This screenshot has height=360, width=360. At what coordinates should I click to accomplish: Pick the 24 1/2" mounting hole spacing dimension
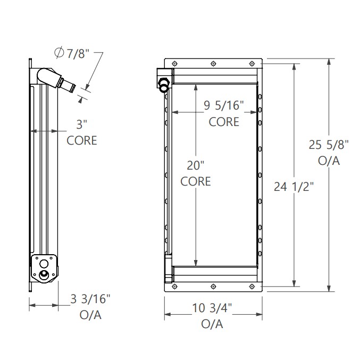tap(294, 187)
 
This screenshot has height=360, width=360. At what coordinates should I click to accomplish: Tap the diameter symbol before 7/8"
tap(59, 53)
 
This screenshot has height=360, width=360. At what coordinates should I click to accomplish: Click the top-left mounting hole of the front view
tap(175, 63)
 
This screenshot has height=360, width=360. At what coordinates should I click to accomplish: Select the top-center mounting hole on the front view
tap(213, 63)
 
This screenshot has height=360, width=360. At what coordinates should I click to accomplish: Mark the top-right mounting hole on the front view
tap(252, 63)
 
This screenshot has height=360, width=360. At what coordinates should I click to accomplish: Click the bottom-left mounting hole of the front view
tap(175, 286)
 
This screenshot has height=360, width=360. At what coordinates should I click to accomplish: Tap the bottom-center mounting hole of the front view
tap(213, 286)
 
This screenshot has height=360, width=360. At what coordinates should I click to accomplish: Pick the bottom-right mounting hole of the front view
tap(252, 286)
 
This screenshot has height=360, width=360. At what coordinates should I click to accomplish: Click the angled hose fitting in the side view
tap(56, 79)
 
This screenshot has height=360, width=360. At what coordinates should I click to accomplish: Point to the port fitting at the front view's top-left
tap(164, 85)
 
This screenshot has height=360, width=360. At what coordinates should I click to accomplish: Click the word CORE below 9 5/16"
tap(224, 122)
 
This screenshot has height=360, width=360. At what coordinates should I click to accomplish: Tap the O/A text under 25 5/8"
tap(329, 161)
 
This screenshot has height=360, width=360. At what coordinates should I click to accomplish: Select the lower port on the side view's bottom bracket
tap(44, 275)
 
